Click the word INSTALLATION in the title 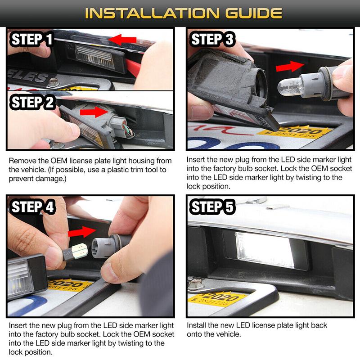[x=152, y=13]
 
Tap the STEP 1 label [x=31, y=39]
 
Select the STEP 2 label [x=32, y=102]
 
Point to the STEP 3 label [x=211, y=39]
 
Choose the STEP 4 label [x=32, y=207]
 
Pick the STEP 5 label [x=211, y=207]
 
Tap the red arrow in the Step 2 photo [x=94, y=112]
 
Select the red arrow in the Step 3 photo [x=290, y=66]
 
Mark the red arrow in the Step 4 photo [x=82, y=232]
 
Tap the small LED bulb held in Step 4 [x=76, y=252]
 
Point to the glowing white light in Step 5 [x=265, y=250]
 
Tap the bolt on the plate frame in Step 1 [x=54, y=82]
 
